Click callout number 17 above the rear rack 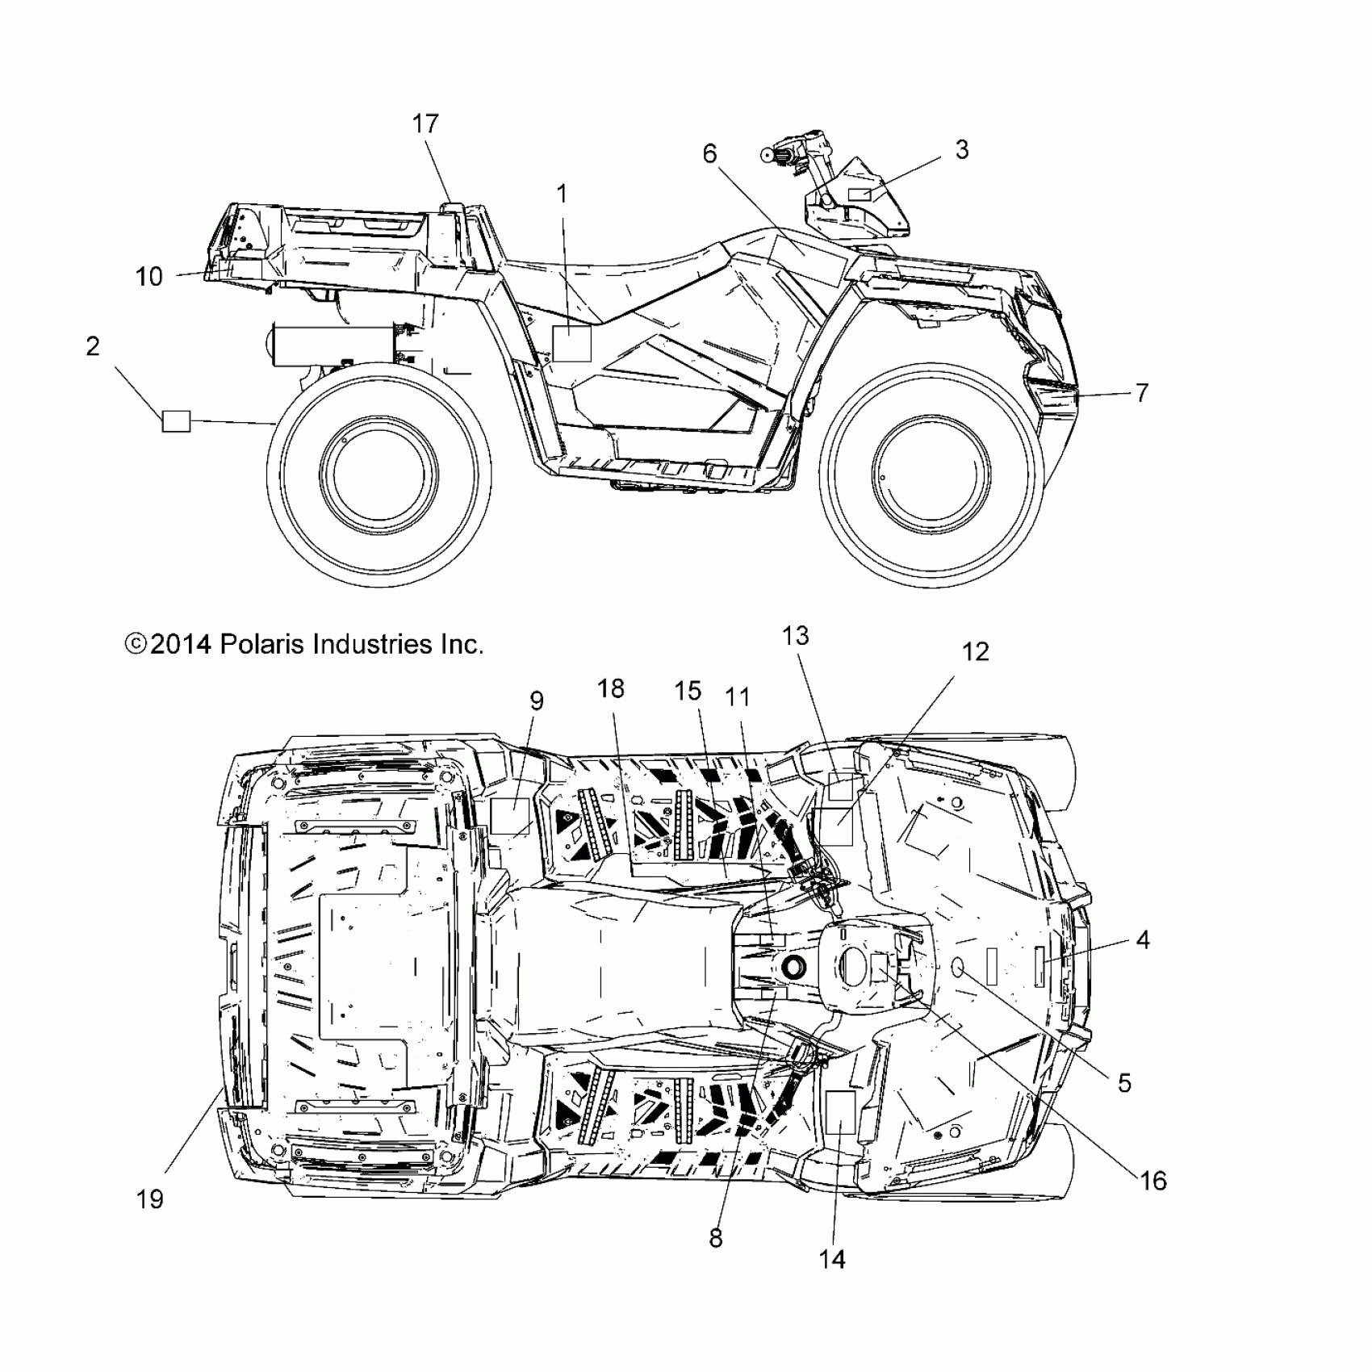point(425,123)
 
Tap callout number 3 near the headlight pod point(961,149)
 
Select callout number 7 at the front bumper point(1141,393)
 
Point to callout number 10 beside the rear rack point(149,277)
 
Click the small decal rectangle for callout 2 point(177,421)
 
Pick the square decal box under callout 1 point(571,344)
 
